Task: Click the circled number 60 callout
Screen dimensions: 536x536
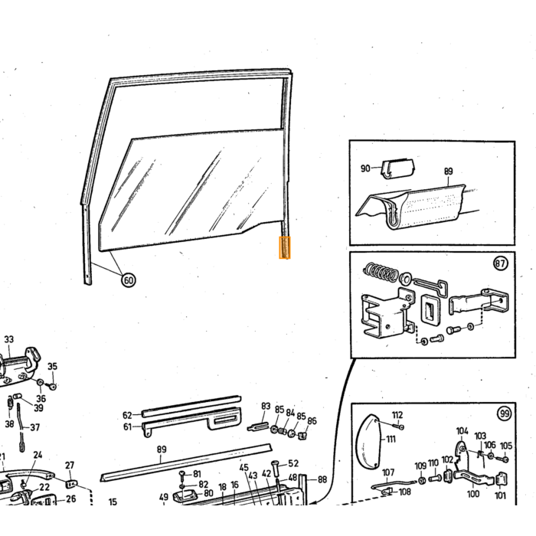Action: click(128, 280)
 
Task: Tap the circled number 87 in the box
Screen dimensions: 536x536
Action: click(501, 263)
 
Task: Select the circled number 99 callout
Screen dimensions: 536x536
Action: click(505, 414)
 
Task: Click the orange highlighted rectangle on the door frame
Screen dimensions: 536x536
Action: click(285, 247)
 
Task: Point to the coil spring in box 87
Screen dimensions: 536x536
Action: click(381, 273)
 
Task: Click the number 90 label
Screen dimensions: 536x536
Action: click(365, 168)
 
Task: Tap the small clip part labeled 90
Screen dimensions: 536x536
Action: click(397, 168)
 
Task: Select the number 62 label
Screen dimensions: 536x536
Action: click(127, 415)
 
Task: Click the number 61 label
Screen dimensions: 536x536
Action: click(127, 427)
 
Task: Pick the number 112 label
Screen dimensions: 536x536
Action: click(397, 415)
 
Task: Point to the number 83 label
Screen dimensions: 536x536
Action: click(266, 406)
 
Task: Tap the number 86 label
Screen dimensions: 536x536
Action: click(312, 421)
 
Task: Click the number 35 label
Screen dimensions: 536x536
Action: click(52, 367)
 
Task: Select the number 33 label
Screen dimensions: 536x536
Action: click(9, 339)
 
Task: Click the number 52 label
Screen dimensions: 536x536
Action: click(293, 463)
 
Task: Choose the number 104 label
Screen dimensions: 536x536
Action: click(462, 431)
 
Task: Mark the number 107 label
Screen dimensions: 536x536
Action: click(388, 472)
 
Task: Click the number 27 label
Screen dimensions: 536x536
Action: click(70, 466)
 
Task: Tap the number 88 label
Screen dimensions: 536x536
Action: click(322, 479)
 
